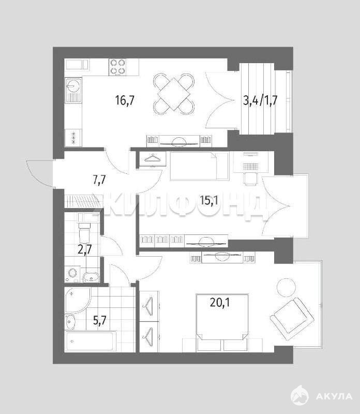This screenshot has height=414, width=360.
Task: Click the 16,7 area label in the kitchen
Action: pyautogui.click(x=125, y=100)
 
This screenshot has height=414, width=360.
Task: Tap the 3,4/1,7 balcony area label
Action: pyautogui.click(x=260, y=101)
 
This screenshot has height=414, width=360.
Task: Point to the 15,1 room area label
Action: pyautogui.click(x=209, y=201)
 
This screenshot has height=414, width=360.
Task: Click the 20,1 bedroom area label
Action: pyautogui.click(x=220, y=302)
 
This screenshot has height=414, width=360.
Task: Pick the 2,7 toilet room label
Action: pyautogui.click(x=84, y=249)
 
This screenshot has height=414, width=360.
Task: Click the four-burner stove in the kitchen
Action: pyautogui.click(x=117, y=67)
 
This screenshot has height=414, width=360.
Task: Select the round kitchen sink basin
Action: pyautogui.click(x=72, y=85)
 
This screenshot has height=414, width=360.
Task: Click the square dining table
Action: pyautogui.click(x=174, y=94)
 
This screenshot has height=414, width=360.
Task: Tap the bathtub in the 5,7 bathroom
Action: pyautogui.click(x=91, y=342)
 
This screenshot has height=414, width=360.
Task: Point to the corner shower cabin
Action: pyautogui.click(x=77, y=300)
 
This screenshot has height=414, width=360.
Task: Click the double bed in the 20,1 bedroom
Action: pyautogui.click(x=222, y=322)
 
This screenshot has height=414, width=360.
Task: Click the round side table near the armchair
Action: pyautogui.click(x=286, y=288)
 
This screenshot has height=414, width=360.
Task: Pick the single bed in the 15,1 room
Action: pyautogui.click(x=199, y=166)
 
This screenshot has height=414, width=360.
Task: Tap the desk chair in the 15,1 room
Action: pyautogui.click(x=250, y=179)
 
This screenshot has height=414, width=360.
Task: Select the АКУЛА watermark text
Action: pyautogui.click(x=334, y=396)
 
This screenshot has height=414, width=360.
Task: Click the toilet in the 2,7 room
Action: pyautogui.click(x=84, y=230)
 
